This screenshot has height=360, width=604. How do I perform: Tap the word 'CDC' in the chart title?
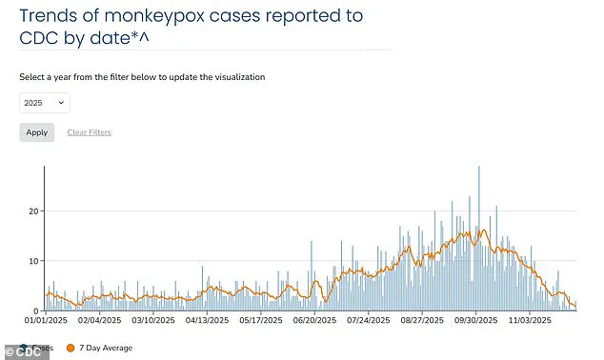pyautogui.click(x=41, y=39)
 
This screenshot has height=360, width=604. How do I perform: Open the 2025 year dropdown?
pyautogui.click(x=44, y=102)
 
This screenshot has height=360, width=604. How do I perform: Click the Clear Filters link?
pyautogui.click(x=89, y=132)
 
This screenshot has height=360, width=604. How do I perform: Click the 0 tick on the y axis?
pyautogui.click(x=35, y=310)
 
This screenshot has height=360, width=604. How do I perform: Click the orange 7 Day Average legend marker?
pyautogui.click(x=70, y=349)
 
